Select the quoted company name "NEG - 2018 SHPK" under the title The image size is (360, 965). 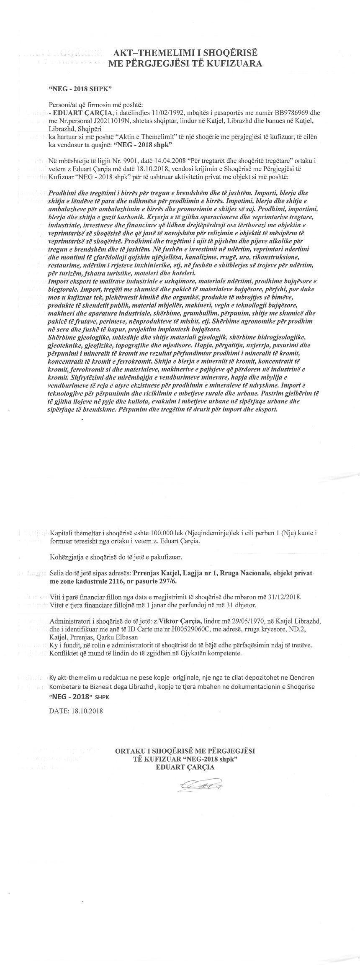pyautogui.click(x=80, y=89)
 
